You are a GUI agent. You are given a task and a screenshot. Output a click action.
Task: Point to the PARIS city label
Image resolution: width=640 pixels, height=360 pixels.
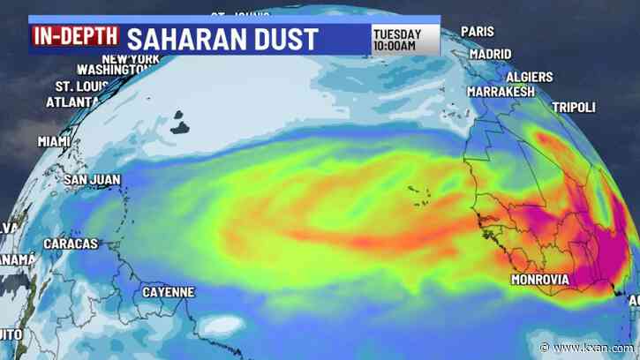click(477, 32)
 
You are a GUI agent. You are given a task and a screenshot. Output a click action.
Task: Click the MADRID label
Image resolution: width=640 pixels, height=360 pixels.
click(490, 54)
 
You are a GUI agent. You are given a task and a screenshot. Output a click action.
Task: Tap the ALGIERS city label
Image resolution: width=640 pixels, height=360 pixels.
click(529, 77)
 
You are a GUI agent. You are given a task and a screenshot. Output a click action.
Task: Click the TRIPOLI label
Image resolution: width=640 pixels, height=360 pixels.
click(574, 107)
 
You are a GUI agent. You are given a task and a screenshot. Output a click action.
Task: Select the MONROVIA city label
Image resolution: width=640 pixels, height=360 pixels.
click(539, 280)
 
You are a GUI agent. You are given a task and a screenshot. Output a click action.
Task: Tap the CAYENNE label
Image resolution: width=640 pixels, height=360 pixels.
click(168, 292)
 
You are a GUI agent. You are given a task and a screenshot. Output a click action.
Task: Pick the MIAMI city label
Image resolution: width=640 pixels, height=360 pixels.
click(54, 141)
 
